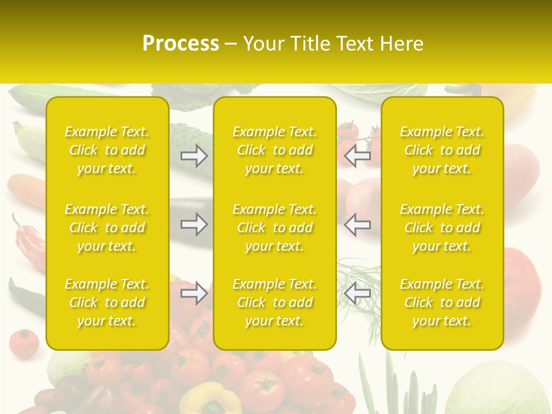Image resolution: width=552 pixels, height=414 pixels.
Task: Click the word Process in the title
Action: (x=181, y=44)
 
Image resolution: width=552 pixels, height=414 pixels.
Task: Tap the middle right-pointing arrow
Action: (x=194, y=224)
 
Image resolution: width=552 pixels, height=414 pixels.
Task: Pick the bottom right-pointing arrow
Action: (x=194, y=294)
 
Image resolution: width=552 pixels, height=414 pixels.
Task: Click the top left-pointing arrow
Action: (x=357, y=156)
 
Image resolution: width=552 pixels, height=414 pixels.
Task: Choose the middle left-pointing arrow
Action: (x=357, y=224)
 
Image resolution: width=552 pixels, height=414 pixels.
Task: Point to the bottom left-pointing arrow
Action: (x=357, y=293)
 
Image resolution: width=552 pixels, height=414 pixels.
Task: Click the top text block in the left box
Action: (x=107, y=150)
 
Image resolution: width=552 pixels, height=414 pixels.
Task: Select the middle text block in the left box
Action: (x=107, y=228)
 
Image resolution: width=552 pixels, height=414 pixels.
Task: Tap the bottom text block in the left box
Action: (x=107, y=302)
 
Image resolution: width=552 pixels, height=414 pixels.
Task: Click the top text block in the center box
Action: (x=275, y=150)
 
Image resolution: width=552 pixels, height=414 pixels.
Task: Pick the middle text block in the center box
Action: (x=275, y=228)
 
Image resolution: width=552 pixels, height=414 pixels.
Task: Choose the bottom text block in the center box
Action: (x=275, y=302)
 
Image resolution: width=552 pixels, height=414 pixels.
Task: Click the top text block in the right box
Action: (x=442, y=150)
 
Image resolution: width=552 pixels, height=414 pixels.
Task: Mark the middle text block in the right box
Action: (x=442, y=228)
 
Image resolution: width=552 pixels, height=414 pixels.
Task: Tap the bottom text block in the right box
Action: (x=442, y=302)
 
